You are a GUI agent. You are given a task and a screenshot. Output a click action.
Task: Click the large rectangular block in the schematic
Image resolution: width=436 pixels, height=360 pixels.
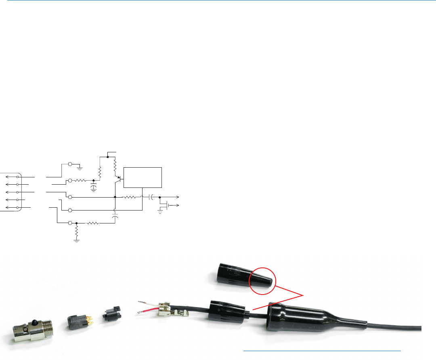[143, 177]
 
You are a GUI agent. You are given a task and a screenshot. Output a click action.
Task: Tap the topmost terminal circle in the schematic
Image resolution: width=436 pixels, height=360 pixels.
[70, 164]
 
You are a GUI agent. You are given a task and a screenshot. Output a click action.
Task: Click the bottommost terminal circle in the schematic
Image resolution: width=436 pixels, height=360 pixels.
[70, 223]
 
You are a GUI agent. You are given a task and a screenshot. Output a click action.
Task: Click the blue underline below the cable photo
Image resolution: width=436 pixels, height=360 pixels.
[323, 351]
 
